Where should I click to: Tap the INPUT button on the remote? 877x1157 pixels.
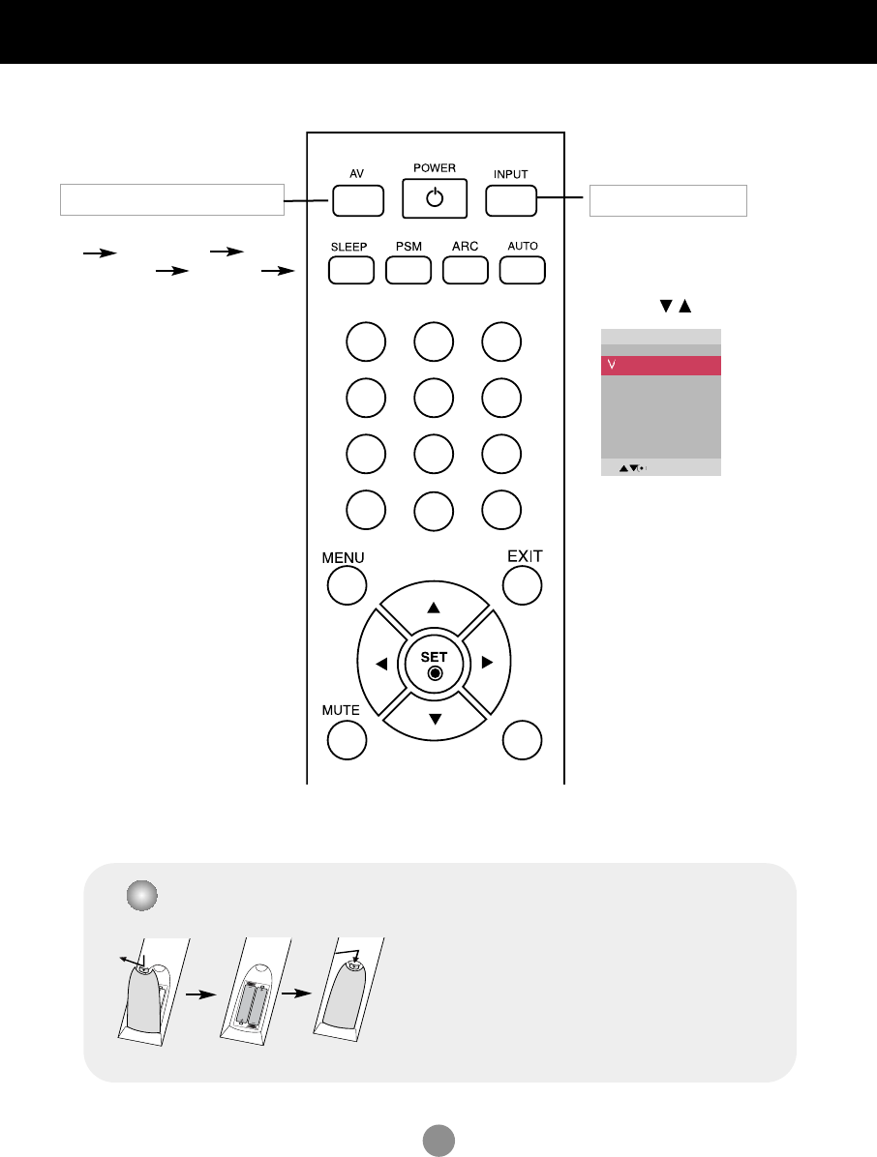(x=511, y=199)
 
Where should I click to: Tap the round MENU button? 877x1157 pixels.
(x=347, y=586)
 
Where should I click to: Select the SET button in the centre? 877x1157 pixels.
(x=435, y=663)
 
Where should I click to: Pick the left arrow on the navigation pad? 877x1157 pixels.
(x=380, y=664)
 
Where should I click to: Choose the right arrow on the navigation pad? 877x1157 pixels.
(x=488, y=664)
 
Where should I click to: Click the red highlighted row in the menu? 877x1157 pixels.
(x=661, y=366)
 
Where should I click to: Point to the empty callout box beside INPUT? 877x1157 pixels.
(x=668, y=200)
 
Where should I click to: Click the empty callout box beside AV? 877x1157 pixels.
(x=171, y=199)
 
